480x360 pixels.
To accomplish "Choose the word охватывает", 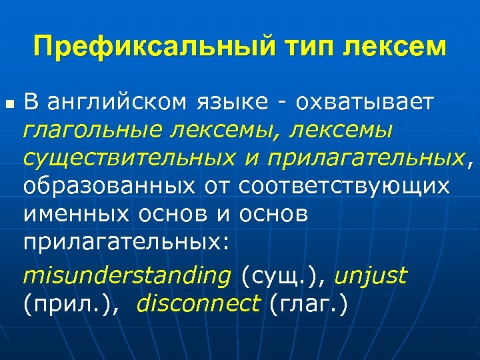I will tap(365, 103).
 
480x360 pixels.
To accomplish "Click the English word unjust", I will tap(370, 275).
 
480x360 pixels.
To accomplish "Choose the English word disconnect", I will tap(198, 303).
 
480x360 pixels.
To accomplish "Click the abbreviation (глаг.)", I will tap(307, 303).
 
